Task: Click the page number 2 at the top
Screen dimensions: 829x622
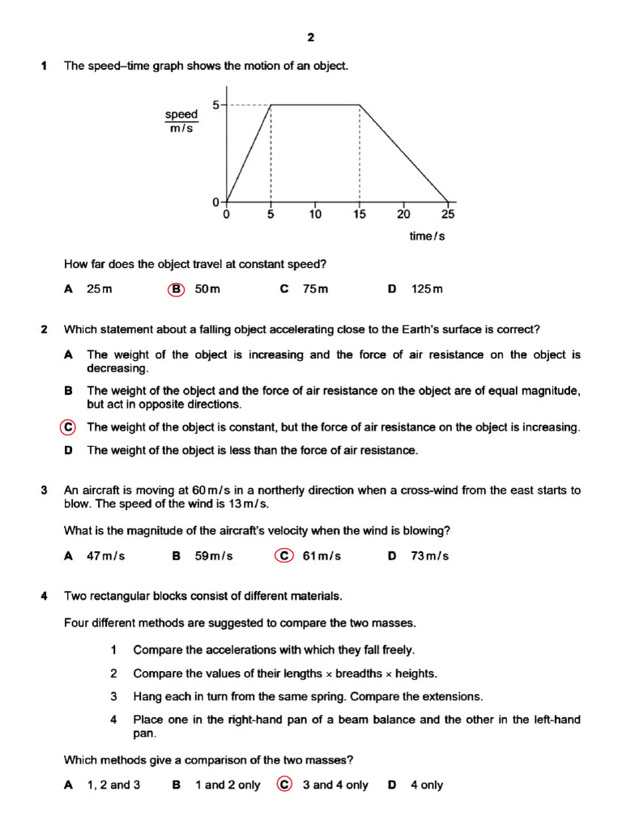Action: [x=310, y=37]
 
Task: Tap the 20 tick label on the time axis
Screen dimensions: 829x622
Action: [x=403, y=215]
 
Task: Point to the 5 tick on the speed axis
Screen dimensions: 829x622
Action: [x=215, y=104]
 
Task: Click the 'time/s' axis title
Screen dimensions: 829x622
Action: [x=428, y=236]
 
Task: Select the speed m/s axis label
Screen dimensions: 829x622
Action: [x=181, y=121]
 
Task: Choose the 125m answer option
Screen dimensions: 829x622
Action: [x=427, y=289]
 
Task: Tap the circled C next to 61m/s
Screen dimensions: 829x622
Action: [x=284, y=556]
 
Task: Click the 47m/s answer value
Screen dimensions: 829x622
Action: [x=106, y=556]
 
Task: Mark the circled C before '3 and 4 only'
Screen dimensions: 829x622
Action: [x=284, y=784]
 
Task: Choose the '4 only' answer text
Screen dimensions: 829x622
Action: [x=427, y=784]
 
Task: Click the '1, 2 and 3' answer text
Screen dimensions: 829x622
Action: [x=113, y=784]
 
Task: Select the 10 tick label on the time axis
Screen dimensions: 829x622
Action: [x=315, y=215]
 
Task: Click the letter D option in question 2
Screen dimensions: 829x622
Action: [x=69, y=450]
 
